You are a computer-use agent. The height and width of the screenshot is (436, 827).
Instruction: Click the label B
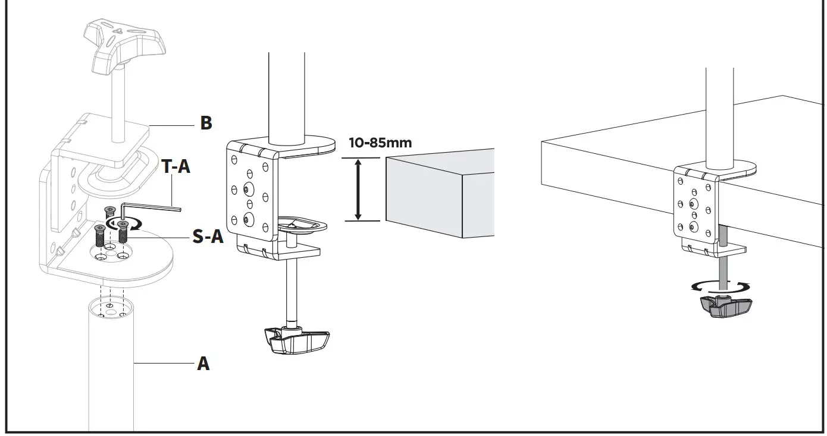206,124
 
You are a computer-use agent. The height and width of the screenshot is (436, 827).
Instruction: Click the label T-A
176,168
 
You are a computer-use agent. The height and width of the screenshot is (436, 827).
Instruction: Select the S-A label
208,236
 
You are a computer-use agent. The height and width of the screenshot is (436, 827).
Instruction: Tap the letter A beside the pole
203,363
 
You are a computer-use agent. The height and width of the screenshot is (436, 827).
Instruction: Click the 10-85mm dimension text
380,143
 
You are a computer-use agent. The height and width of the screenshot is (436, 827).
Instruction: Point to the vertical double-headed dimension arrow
358,189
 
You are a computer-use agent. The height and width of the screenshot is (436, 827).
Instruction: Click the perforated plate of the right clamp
694,206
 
